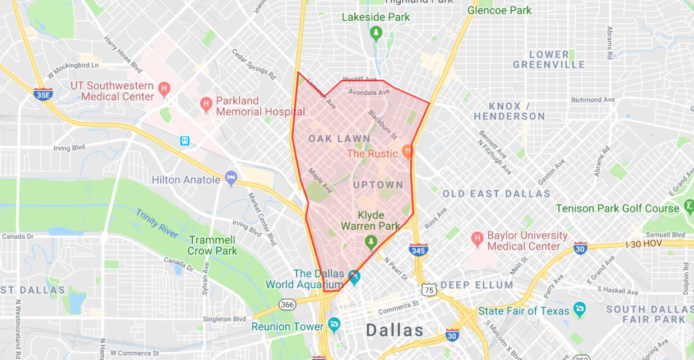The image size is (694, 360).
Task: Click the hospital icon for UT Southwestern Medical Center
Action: (164, 88)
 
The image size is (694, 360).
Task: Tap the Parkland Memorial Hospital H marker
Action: (206, 103)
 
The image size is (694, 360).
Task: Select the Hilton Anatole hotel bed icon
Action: (230, 178)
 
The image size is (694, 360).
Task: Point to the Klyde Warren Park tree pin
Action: (370, 242)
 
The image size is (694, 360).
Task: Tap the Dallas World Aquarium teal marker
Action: (354, 276)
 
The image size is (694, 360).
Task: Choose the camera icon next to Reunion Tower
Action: (334, 325)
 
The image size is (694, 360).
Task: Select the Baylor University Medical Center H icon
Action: (477, 239)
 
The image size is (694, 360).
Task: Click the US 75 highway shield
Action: (429, 290)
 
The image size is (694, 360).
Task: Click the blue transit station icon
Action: (185, 141)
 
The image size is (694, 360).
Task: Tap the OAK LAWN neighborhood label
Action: (339, 139)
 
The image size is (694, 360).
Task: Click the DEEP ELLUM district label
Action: (476, 285)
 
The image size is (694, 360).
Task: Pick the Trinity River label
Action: (157, 222)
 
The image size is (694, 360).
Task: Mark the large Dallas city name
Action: (395, 330)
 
